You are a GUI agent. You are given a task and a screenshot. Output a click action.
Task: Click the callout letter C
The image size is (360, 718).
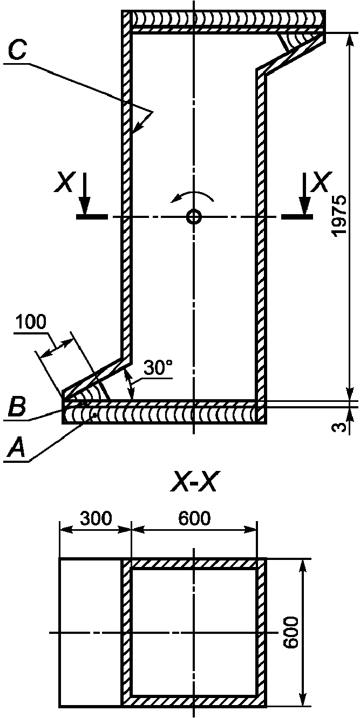[17, 51]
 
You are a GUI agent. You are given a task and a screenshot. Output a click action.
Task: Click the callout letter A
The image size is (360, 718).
[16, 448]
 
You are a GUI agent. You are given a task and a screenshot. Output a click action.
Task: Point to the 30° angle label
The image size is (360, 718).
[158, 368]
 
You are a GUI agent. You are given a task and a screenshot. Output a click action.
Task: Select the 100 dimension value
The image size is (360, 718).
[31, 322]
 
